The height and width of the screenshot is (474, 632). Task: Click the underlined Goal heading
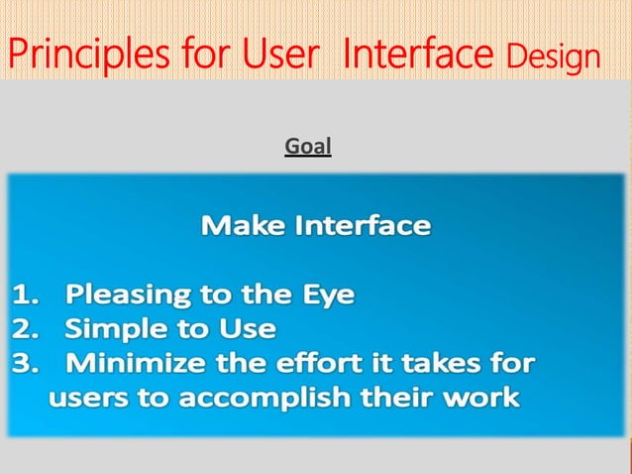pos(308,148)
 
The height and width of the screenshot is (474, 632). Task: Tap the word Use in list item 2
pos(249,329)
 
